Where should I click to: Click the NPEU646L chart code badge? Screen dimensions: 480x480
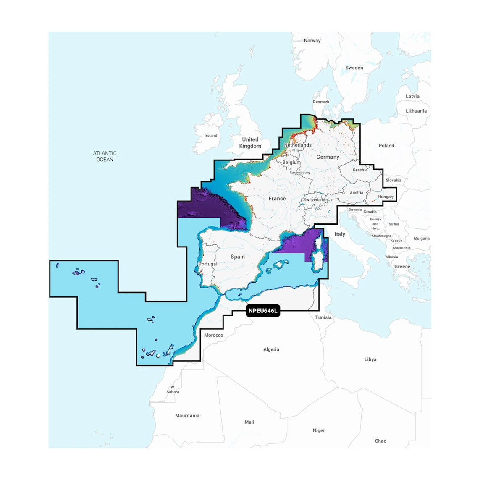click(x=263, y=311)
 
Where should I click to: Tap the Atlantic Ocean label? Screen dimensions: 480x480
click(x=105, y=156)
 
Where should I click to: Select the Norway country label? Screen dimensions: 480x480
click(x=312, y=41)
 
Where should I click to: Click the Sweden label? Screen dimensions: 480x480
click(x=354, y=68)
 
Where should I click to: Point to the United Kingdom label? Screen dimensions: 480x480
click(x=250, y=143)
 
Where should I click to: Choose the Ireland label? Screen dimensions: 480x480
click(x=211, y=136)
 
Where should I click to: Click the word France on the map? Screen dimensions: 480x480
click(x=277, y=199)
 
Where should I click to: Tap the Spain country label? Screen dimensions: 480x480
click(x=238, y=257)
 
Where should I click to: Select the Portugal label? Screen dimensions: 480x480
click(x=207, y=264)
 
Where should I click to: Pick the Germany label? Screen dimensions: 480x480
click(x=328, y=157)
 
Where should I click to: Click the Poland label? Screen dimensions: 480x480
click(x=386, y=146)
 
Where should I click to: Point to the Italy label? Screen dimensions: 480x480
click(x=340, y=234)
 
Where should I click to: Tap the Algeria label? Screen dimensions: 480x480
click(x=271, y=349)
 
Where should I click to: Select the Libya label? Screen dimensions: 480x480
click(x=370, y=359)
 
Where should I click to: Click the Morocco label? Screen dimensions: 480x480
click(x=213, y=335)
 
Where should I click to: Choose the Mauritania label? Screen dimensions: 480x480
click(x=187, y=416)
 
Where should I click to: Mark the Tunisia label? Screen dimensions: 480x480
click(x=323, y=317)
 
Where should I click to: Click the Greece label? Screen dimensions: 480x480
click(x=402, y=267)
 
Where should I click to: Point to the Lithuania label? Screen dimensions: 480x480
click(x=416, y=111)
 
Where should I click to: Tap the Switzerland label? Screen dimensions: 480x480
click(x=315, y=200)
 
